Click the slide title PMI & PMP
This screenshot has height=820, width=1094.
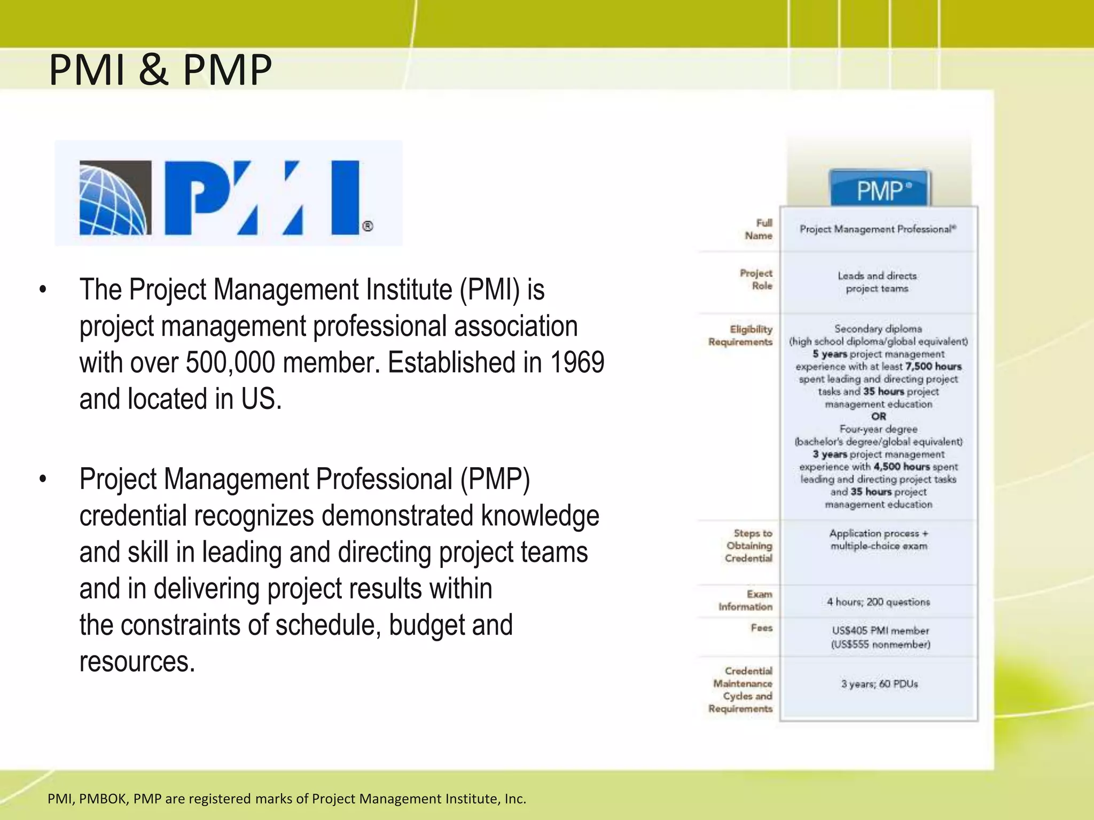160,70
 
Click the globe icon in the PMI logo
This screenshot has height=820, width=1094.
114,198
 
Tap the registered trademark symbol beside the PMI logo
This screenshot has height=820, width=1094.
368,226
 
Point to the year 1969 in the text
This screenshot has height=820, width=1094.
577,363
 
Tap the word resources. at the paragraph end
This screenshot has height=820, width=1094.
137,662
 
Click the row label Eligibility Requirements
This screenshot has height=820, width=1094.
741,335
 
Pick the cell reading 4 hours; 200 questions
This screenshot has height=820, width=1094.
878,602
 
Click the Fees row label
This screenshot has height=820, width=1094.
762,628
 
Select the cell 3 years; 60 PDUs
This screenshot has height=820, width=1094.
879,684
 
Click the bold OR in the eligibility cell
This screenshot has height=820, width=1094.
878,416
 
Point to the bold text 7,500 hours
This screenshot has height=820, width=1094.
933,367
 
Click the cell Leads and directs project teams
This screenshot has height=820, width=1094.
877,282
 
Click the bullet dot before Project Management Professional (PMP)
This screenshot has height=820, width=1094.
43,479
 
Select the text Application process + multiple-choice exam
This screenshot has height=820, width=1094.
879,540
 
